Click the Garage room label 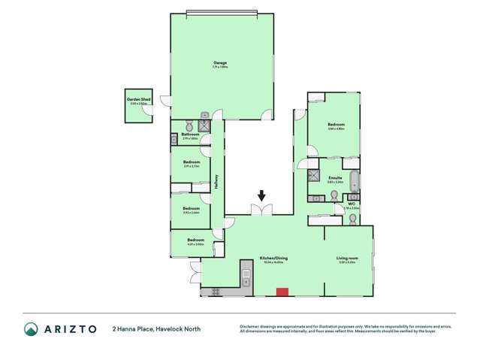(x=220, y=62)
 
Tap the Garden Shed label (x=136, y=99)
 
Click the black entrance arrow (x=261, y=196)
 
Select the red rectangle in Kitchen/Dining (x=282, y=292)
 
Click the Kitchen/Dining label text (x=273, y=258)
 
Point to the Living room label (x=347, y=258)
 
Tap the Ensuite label (x=336, y=178)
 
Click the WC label (x=351, y=204)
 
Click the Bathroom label (x=190, y=135)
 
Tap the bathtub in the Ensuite (x=354, y=183)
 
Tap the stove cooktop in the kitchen (x=215, y=291)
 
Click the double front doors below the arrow (x=261, y=210)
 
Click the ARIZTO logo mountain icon (x=31, y=329)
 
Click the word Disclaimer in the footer (x=252, y=326)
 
